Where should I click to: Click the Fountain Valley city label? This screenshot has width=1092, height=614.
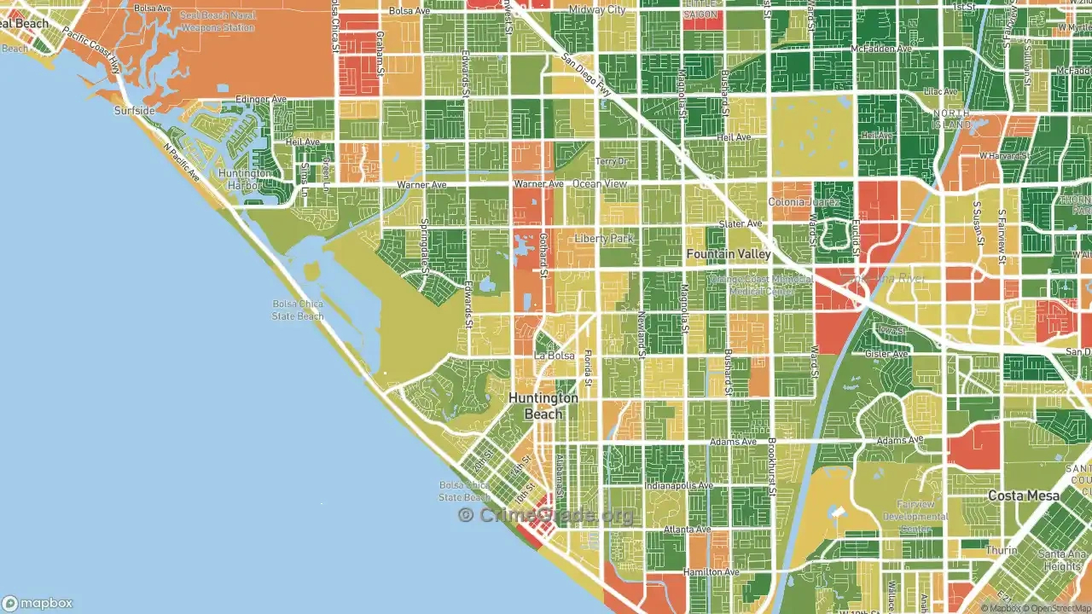[729, 254]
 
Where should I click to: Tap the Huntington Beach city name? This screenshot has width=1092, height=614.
[543, 406]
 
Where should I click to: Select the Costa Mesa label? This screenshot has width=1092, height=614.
[1024, 495]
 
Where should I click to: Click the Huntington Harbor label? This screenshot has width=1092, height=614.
[245, 178]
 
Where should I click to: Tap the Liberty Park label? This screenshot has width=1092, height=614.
[604, 239]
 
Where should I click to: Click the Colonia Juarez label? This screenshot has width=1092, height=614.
[799, 202]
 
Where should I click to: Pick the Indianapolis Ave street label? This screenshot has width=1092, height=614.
[678, 486]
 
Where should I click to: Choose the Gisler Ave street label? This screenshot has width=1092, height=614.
[887, 354]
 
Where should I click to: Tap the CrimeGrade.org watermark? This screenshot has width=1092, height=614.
[546, 514]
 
